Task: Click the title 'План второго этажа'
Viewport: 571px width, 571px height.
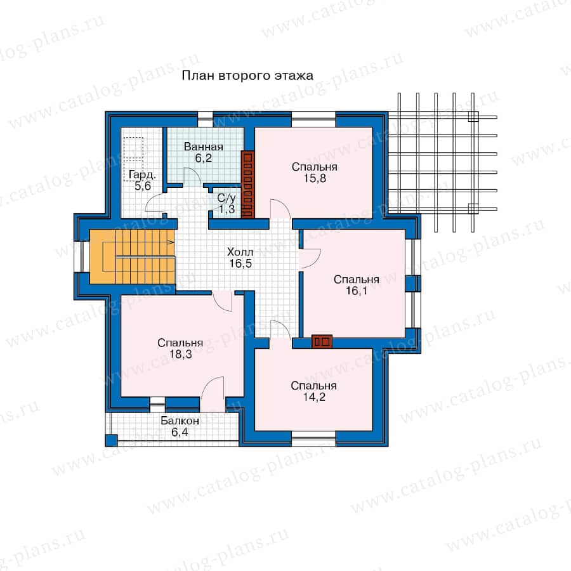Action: (x=247, y=75)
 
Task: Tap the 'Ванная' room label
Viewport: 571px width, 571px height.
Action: (x=203, y=147)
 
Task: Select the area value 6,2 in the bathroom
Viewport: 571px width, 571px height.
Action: (x=203, y=158)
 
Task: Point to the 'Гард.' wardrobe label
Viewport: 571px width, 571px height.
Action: (x=142, y=175)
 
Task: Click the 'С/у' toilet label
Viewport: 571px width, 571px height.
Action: (x=226, y=198)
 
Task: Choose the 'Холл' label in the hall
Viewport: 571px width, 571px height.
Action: (x=240, y=252)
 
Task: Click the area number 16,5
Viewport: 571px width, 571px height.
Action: (x=240, y=263)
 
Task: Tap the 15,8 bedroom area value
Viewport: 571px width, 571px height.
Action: (x=315, y=178)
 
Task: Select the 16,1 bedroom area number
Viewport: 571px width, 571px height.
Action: (x=356, y=291)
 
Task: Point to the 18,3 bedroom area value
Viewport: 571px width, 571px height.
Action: (x=180, y=353)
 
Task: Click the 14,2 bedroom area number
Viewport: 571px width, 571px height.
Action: (x=314, y=397)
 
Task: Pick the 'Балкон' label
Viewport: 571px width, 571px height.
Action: (x=180, y=421)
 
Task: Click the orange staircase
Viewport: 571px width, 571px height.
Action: (x=132, y=257)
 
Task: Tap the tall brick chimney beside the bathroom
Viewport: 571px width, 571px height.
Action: (x=247, y=185)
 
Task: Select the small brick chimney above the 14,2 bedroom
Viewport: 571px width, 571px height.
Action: (x=322, y=341)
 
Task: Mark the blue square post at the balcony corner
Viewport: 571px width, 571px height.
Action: (x=112, y=440)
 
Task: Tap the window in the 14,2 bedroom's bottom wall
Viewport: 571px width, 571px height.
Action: (x=313, y=438)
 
